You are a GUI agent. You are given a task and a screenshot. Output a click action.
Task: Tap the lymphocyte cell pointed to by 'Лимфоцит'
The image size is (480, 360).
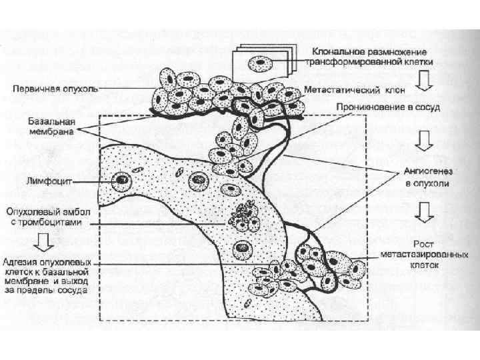121,179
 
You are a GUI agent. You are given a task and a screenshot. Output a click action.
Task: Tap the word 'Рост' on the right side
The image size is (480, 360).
424,245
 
